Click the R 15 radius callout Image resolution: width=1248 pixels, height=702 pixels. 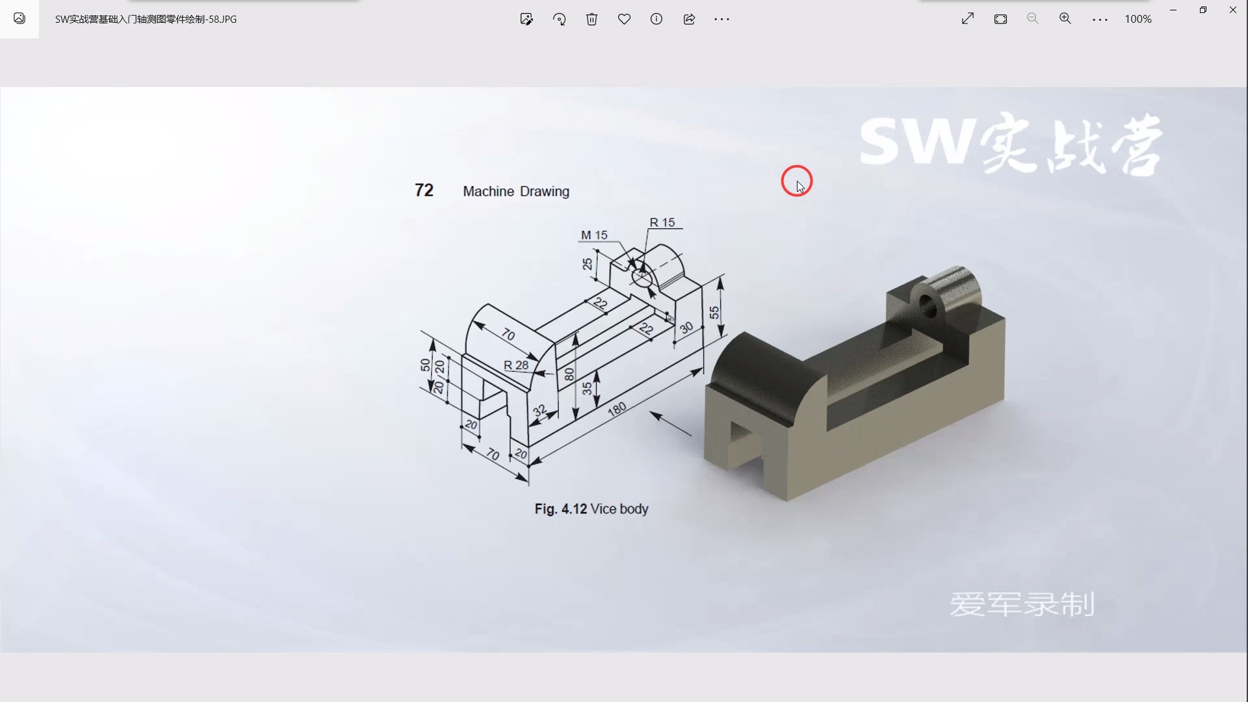click(662, 222)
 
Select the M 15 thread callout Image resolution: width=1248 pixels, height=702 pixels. click(594, 235)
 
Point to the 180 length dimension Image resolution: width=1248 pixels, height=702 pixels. click(617, 409)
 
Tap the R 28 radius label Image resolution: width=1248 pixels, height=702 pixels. click(516, 365)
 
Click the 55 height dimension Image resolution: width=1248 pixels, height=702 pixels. click(714, 313)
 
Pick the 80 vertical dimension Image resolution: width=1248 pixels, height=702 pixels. click(569, 374)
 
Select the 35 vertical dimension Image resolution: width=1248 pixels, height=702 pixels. click(587, 388)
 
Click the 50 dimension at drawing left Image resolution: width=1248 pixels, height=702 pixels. click(425, 365)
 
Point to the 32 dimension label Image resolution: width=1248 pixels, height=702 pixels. click(539, 411)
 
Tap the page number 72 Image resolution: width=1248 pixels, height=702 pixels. click(424, 190)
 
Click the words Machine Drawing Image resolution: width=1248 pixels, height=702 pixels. click(516, 191)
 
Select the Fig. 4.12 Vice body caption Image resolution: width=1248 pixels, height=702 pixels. click(591, 509)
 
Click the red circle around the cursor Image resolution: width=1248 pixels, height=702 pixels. click(796, 181)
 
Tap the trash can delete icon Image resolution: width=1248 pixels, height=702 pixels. click(591, 19)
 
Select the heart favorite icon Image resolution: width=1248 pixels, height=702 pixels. click(624, 19)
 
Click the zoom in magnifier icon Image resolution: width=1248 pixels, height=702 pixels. click(1065, 19)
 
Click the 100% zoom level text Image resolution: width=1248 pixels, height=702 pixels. click(1138, 19)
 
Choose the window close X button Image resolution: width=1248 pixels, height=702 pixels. click(1233, 10)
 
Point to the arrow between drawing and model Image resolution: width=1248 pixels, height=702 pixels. click(671, 424)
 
